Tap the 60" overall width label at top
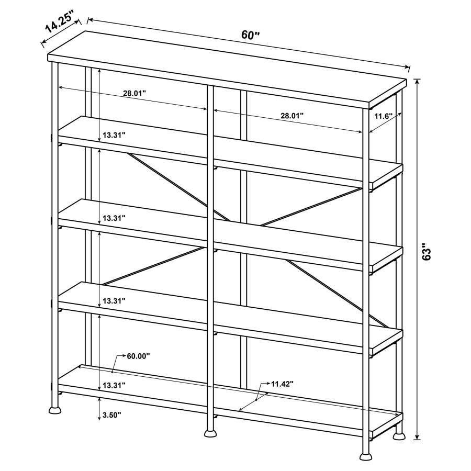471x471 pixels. click(251, 35)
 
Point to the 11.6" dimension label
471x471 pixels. click(384, 116)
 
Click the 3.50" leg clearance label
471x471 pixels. click(112, 415)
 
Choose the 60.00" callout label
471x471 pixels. click(138, 356)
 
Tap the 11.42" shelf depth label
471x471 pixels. click(282, 384)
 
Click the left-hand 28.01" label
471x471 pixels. click(134, 93)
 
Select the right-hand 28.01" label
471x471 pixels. click(292, 116)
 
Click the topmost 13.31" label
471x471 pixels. click(114, 134)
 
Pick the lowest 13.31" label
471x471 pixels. click(114, 385)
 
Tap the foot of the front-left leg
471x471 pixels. click(54, 409)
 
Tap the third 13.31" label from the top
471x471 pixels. click(114, 301)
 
